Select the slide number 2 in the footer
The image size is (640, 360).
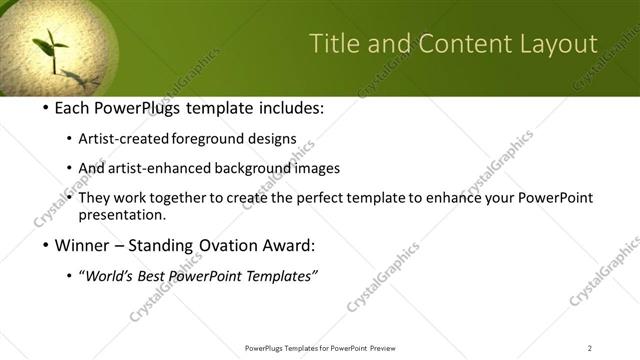[590, 348]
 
